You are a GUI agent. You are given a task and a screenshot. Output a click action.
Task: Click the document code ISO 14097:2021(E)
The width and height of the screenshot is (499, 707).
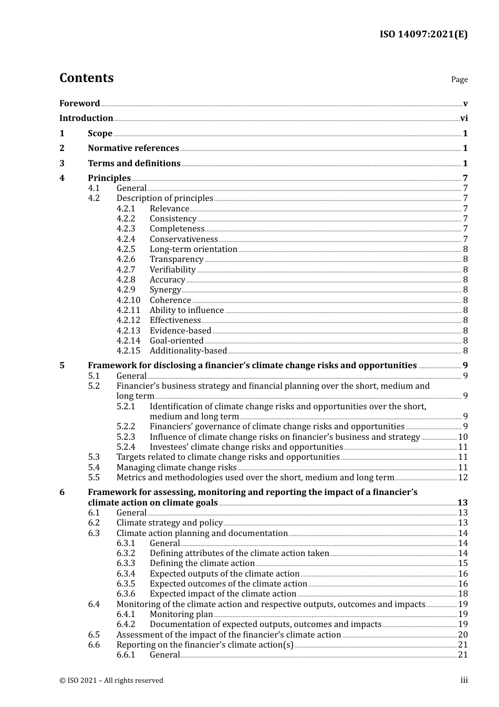[x=423, y=34]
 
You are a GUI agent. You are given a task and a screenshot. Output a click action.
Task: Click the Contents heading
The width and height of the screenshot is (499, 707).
[x=86, y=78]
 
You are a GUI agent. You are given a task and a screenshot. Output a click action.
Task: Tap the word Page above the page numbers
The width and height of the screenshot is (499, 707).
[x=459, y=79]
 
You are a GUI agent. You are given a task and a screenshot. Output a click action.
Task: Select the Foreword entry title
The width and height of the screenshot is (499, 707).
[x=79, y=104]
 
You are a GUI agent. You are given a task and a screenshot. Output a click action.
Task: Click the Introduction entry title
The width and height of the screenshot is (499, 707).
[x=86, y=118]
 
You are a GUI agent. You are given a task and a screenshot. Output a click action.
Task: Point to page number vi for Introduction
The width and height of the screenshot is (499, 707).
[x=464, y=118]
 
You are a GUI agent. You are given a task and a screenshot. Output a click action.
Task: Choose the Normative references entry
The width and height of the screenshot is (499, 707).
[x=133, y=148]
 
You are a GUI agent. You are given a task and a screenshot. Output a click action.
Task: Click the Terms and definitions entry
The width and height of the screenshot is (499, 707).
[x=134, y=164]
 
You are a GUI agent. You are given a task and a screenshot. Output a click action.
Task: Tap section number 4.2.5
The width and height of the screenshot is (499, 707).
[x=126, y=249]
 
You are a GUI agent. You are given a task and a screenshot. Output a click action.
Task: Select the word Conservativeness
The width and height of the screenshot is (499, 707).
[x=183, y=239]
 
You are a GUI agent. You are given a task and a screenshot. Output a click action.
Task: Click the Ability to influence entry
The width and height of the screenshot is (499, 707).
[x=186, y=310]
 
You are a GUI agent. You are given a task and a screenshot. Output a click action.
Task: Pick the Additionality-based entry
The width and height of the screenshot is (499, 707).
[x=188, y=351]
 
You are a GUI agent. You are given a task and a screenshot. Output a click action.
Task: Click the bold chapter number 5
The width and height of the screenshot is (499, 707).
[x=62, y=366]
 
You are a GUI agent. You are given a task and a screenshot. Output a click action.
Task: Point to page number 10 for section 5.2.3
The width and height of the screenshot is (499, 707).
[x=463, y=437]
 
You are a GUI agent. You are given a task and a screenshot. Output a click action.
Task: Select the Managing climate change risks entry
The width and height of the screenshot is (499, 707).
[x=176, y=468]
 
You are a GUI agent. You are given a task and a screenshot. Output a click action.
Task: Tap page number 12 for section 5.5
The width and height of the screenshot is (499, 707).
[x=463, y=478]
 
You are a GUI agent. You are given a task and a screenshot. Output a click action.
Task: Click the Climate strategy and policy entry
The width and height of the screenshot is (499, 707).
[x=170, y=523]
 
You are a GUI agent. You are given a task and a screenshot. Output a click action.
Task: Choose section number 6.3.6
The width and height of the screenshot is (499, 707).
[x=126, y=594]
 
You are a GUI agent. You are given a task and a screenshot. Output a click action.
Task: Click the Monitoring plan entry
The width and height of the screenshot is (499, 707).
[x=181, y=614]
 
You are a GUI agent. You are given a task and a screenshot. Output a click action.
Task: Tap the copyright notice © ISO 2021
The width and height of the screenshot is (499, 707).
[x=111, y=681]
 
